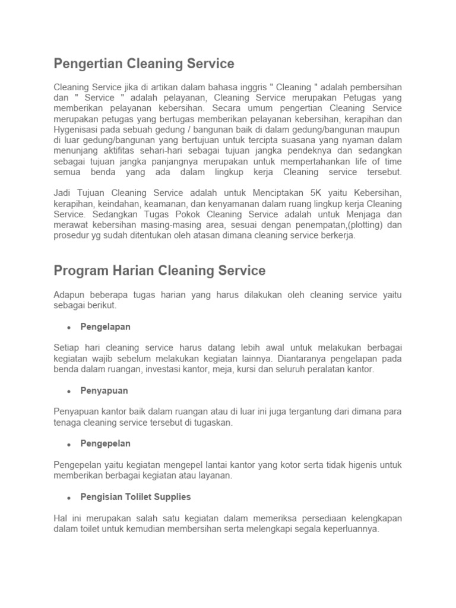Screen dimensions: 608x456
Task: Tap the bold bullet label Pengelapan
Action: point(105,327)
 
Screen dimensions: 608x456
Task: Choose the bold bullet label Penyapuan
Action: point(104,391)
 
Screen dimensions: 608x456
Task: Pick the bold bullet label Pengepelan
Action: point(105,444)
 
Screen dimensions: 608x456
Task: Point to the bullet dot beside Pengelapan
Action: point(69,328)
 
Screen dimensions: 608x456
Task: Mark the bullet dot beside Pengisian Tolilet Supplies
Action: point(69,497)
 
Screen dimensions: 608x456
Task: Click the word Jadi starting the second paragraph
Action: point(63,194)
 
